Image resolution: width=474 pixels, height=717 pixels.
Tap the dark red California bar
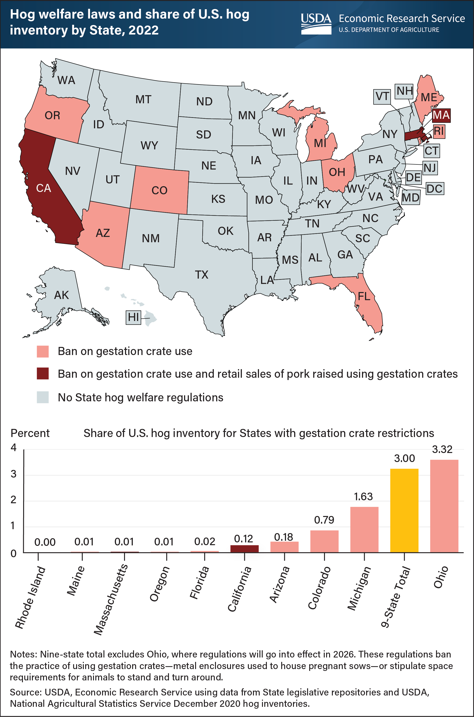[244, 549]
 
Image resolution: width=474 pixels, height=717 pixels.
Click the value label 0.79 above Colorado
[324, 520]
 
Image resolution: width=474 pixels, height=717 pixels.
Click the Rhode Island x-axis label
[30, 597]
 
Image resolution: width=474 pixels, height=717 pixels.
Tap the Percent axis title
[30, 433]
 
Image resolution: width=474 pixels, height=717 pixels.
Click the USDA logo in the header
[316, 23]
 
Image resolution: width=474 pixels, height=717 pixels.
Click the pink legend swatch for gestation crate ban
[43, 351]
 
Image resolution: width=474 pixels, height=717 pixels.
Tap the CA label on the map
[44, 188]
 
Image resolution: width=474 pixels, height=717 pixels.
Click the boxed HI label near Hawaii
[133, 317]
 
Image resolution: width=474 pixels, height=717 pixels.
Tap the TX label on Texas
[201, 275]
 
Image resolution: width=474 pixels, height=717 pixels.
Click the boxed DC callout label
[434, 189]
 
